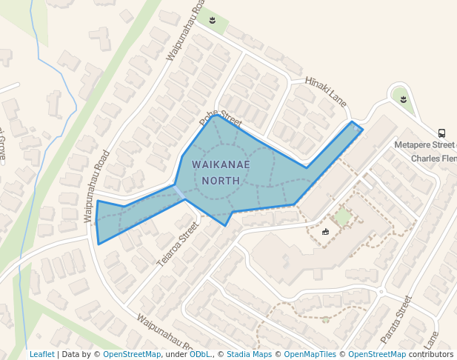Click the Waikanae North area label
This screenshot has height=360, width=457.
click(221, 172)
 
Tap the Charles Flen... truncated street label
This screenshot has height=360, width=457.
click(433, 159)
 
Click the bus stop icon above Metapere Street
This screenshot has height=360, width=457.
click(441, 133)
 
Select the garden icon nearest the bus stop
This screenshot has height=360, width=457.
click(403, 99)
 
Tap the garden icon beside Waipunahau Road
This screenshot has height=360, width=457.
click(213, 20)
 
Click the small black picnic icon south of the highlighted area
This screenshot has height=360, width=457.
click(325, 232)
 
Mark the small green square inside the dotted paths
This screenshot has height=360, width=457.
click(342, 217)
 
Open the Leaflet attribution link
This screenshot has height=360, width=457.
click(42, 354)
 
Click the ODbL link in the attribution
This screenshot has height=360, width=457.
click(199, 354)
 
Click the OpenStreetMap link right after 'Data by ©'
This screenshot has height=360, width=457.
click(132, 354)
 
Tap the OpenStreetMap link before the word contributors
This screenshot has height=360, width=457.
click(377, 354)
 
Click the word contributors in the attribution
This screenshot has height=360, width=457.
click(430, 354)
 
